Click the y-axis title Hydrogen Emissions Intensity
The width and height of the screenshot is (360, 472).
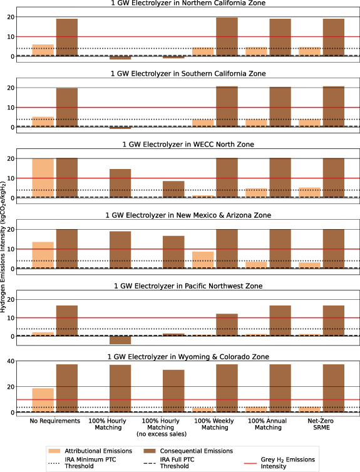(4, 213)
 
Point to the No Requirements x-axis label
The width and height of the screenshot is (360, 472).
(56, 421)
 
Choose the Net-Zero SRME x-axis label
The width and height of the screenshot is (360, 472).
(322, 426)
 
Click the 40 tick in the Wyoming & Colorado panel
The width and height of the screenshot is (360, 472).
(21, 361)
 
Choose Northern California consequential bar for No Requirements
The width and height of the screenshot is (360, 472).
(67, 38)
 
